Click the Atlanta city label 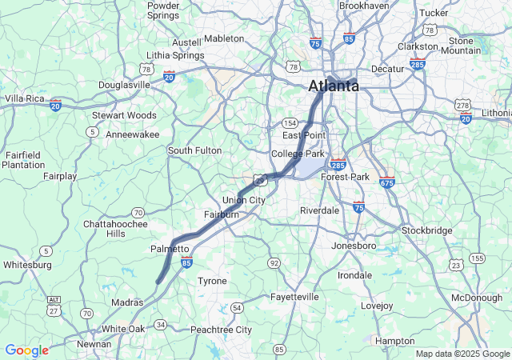click(x=334, y=86)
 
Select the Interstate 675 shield click(x=387, y=182)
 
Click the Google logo click(x=26, y=350)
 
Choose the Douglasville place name click(x=124, y=85)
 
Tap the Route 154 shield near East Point click(x=290, y=122)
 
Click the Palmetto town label click(x=170, y=250)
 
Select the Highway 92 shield click(x=274, y=262)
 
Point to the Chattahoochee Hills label click(x=115, y=229)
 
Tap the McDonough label click(x=477, y=298)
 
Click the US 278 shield click(x=462, y=105)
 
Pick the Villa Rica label click(x=24, y=98)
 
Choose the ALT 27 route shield click(x=54, y=301)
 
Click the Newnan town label click(x=94, y=345)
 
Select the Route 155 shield click(x=478, y=258)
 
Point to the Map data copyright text click(x=462, y=354)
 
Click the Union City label click(x=243, y=200)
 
